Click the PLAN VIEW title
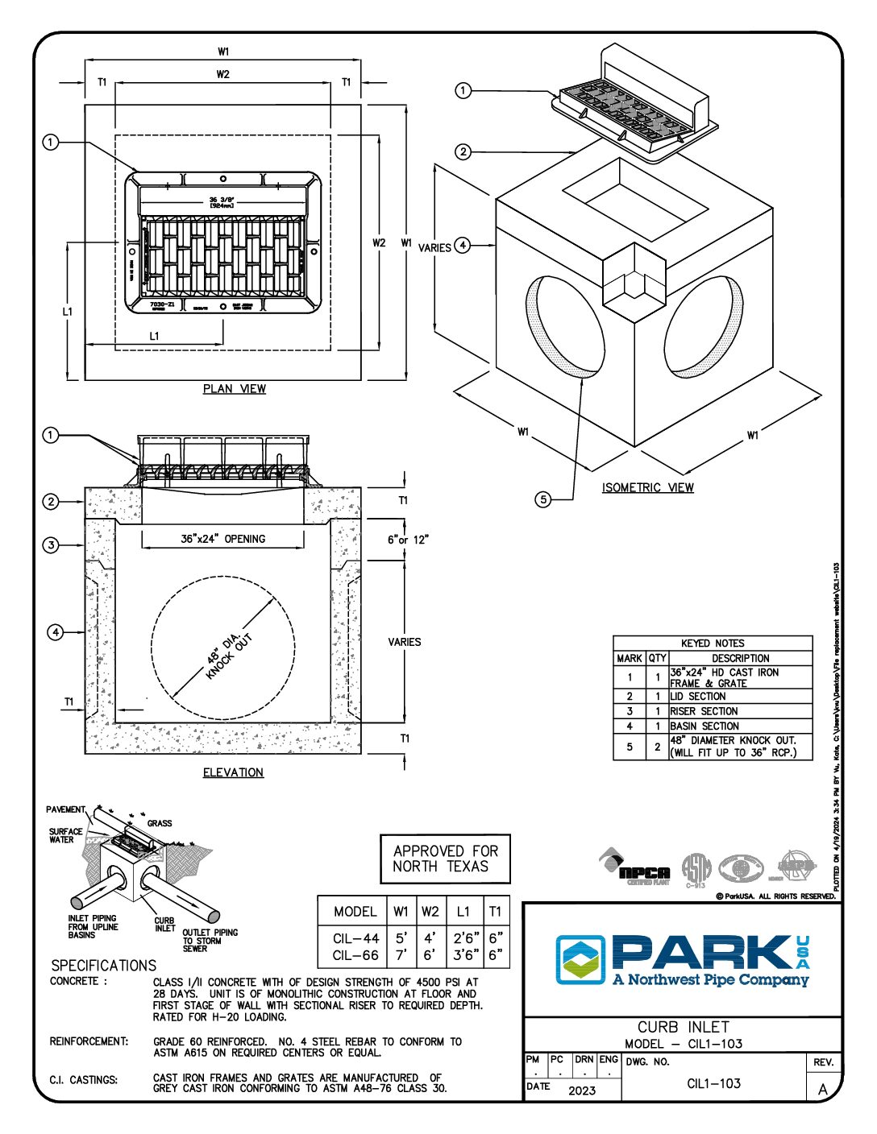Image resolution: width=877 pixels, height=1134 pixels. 234,389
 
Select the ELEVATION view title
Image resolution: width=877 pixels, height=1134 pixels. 233,772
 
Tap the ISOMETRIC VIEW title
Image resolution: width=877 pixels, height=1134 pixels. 647,487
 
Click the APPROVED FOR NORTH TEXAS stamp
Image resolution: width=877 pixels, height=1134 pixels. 445,859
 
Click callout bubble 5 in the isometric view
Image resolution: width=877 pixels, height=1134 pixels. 544,499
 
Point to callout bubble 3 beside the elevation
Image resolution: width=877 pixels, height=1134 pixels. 52,545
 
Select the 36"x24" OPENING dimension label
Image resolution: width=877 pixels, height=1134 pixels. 222,539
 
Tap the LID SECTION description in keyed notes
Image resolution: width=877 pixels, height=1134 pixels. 698,696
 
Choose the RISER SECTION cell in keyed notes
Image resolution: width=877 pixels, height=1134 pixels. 704,711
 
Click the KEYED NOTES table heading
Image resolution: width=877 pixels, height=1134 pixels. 713,644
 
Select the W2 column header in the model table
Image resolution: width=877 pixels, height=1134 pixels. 430,911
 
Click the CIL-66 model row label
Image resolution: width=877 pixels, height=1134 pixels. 355,955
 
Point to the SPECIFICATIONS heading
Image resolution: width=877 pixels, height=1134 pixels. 103,965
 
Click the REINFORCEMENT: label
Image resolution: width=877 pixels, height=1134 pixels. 89,1041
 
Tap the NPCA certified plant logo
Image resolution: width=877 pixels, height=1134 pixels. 636,868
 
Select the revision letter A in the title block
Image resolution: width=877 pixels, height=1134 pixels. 823,1089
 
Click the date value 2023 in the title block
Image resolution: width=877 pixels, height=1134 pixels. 581,1091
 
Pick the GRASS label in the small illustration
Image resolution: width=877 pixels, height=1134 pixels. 160,823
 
